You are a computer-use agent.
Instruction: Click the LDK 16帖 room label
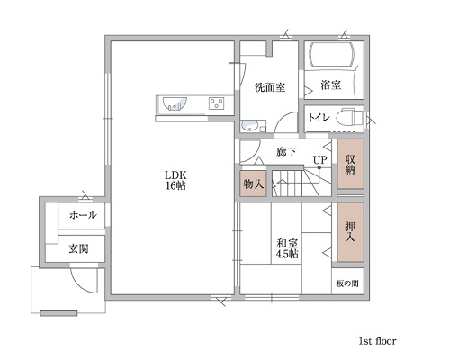coord(175,180)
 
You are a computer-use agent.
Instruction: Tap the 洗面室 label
coord(270,87)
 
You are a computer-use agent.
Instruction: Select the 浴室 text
coord(331,85)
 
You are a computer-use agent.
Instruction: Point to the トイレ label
coord(319,118)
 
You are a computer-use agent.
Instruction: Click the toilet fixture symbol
coord(349,118)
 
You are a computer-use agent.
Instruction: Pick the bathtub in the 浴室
coord(331,55)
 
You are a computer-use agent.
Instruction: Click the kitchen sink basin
coord(175,103)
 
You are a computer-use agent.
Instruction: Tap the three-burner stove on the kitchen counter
coord(216,103)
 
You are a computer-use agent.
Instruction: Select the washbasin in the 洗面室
coord(249,126)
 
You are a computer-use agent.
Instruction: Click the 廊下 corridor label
coord(287,152)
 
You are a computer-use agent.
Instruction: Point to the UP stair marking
coord(319,159)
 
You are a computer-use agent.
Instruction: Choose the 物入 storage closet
coord(254,184)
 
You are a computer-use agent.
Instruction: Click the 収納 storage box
coord(350,164)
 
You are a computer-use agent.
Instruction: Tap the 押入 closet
coord(350,232)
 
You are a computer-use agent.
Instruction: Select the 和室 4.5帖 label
coord(287,248)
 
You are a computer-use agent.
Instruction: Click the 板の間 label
coord(347,283)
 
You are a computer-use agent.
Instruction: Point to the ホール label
coord(83,215)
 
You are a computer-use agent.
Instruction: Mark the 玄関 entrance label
coord(78,248)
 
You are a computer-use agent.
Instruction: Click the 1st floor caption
coord(377,341)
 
